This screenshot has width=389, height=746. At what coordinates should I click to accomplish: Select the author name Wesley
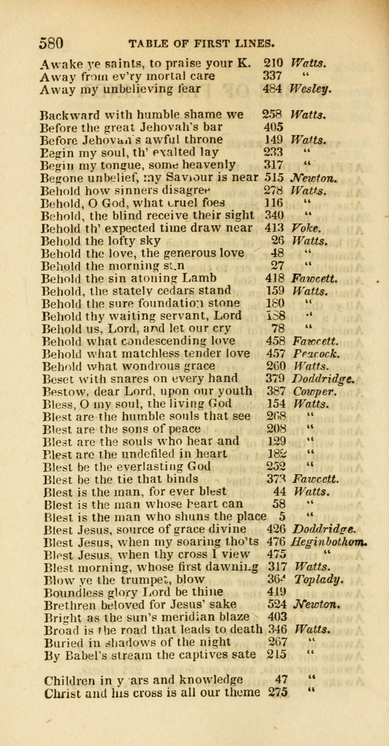[311, 89]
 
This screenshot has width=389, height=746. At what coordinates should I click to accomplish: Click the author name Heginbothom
[329, 542]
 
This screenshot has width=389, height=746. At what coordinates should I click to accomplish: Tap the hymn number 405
[275, 127]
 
